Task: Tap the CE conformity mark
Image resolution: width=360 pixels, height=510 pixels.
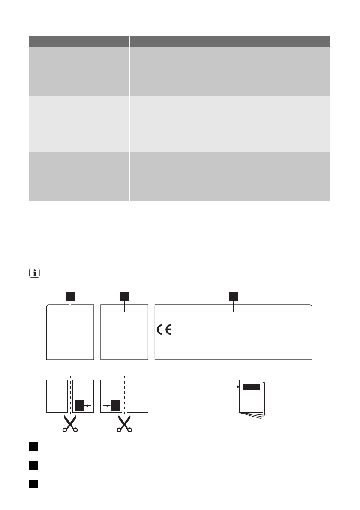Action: (163, 330)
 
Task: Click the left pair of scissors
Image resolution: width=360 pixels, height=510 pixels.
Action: (69, 423)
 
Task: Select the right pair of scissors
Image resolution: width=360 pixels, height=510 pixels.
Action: (124, 423)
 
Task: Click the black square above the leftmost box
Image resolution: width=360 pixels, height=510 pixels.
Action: (69, 296)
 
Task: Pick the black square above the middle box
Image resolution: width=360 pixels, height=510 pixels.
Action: (124, 296)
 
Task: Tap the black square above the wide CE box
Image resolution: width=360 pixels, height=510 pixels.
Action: (233, 296)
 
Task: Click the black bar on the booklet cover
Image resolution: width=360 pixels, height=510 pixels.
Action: (251, 387)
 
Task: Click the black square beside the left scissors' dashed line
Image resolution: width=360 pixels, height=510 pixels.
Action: (79, 405)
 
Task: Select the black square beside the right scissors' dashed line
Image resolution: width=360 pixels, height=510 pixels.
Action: (115, 405)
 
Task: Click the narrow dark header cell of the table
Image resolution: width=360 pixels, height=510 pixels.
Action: (79, 41)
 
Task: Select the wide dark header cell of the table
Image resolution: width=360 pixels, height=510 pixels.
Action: (230, 41)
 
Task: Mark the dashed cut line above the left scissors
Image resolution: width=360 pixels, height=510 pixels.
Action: (69, 394)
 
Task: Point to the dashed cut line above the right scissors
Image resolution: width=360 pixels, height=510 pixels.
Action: (124, 394)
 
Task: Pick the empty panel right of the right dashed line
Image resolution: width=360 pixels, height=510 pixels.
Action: (138, 396)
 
